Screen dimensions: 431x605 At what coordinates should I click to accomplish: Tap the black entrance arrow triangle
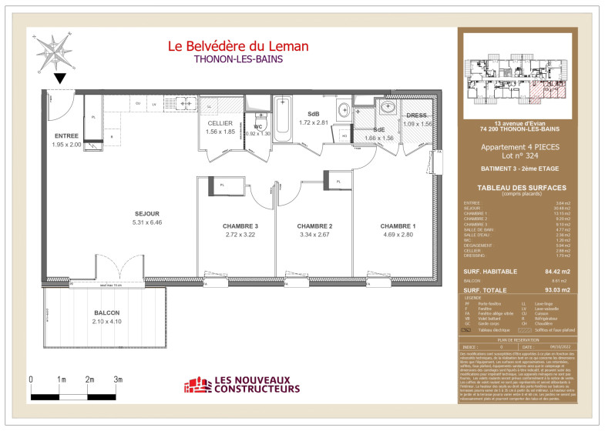pos(60,78)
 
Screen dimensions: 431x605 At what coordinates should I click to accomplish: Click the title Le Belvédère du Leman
pos(238,46)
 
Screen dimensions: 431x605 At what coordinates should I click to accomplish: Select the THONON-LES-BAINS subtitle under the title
pos(238,59)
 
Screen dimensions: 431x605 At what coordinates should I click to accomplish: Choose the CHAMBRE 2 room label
pos(314,226)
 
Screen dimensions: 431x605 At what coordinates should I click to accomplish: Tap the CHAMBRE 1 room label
pos(398,226)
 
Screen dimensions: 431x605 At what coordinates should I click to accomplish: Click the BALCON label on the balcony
pos(107,313)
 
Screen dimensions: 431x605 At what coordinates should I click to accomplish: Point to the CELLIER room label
pos(220,123)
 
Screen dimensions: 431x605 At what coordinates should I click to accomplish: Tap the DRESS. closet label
pos(417,115)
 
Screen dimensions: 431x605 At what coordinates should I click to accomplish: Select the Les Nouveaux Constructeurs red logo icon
pos(197,385)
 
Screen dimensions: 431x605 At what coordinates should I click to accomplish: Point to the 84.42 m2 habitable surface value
pos(555,272)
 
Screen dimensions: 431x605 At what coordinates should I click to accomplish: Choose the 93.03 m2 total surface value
pos(555,290)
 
